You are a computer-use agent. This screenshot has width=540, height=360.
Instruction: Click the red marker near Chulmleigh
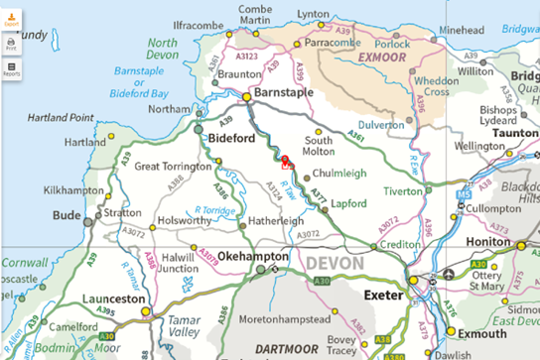coord(286,161)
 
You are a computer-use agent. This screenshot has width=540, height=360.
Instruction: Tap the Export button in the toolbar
coord(12,15)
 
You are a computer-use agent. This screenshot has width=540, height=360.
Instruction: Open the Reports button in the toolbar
coord(12,69)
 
